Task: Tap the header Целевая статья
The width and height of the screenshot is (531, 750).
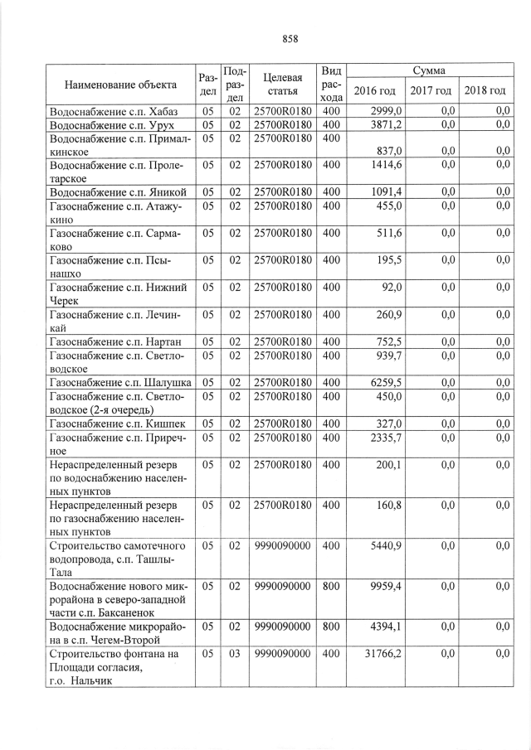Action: tap(281, 84)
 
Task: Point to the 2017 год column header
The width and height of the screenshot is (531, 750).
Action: tap(431, 90)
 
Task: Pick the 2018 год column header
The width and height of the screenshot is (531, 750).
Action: tap(485, 90)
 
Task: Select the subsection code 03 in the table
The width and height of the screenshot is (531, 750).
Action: tap(234, 655)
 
